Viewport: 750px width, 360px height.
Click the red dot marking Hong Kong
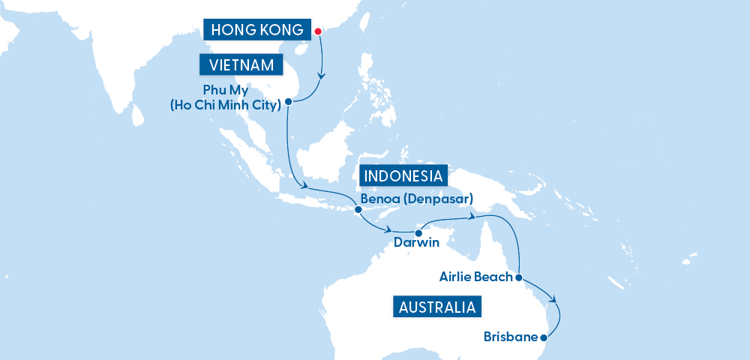tap(317, 31)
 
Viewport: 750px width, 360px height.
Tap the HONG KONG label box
tap(257, 30)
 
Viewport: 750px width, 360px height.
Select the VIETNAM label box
tap(241, 64)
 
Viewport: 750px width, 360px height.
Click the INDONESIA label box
tap(403, 176)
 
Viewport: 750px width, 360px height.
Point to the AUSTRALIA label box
tap(436, 307)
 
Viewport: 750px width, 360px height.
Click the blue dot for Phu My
tap(288, 101)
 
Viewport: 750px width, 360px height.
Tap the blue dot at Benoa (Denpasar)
tap(358, 210)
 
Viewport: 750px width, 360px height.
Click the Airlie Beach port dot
tap(519, 277)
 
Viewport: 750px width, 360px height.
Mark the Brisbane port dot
tap(544, 338)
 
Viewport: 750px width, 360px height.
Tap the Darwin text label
tap(417, 244)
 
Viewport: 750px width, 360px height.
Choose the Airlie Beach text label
tap(476, 277)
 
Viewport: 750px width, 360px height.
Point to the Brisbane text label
tap(511, 337)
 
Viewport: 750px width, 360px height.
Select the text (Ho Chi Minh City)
tap(226, 105)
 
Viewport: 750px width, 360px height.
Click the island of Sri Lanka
tap(137, 115)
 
